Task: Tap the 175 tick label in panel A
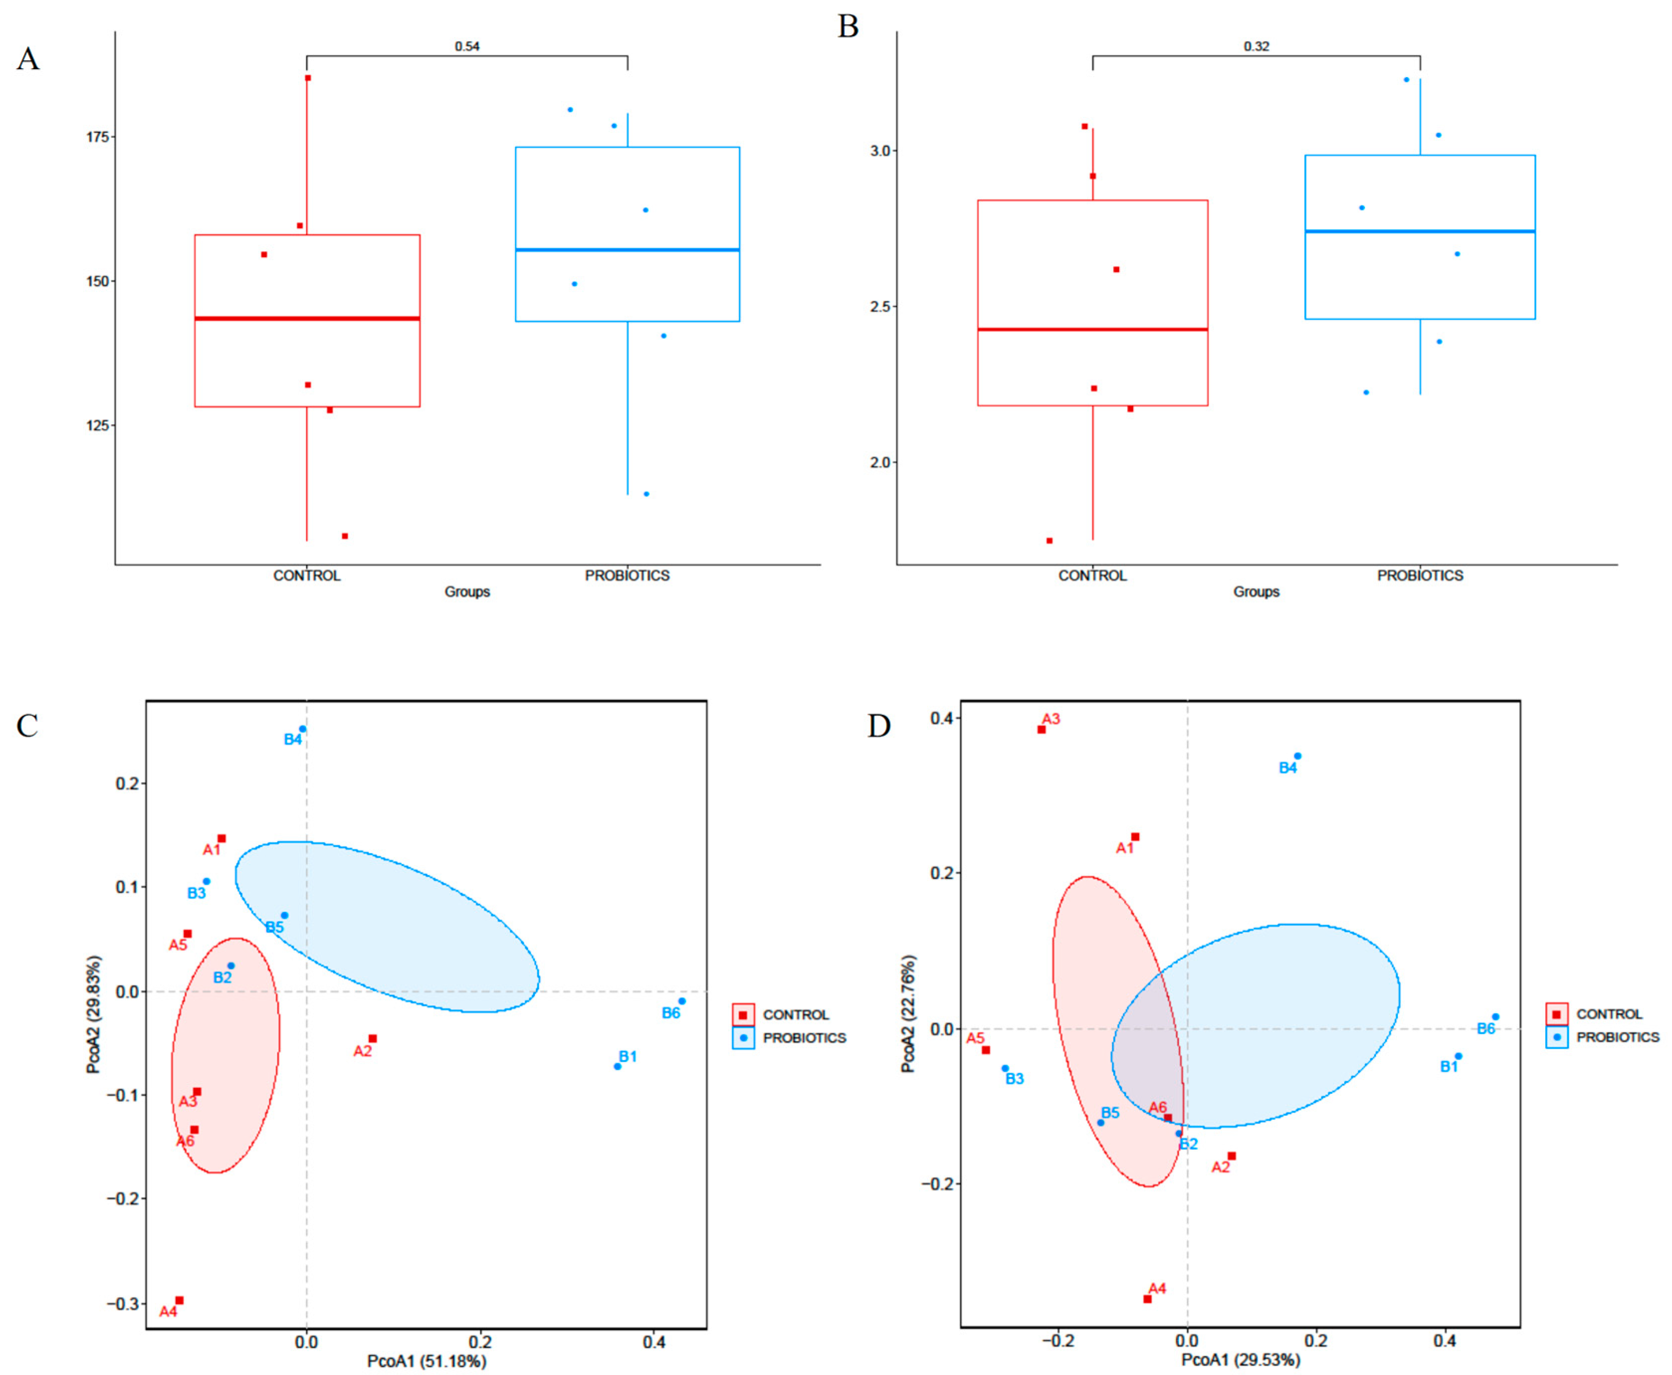98,137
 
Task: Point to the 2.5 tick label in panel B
880,306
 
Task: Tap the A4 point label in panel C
168,1312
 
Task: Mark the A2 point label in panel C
362,1052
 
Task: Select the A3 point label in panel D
1051,719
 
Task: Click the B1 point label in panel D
1449,1067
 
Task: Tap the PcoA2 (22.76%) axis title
908,1014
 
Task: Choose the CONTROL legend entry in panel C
795,1014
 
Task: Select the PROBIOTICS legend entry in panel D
1617,1037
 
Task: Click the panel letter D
879,726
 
